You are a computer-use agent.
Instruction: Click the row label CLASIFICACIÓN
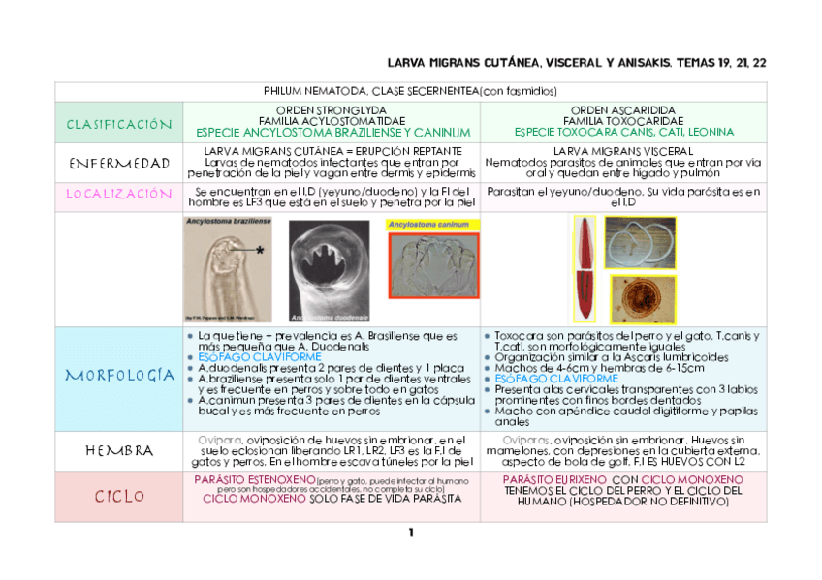pyautogui.click(x=118, y=124)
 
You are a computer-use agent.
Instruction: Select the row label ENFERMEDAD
pyautogui.click(x=118, y=162)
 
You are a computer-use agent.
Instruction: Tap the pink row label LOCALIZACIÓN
pyautogui.click(x=118, y=194)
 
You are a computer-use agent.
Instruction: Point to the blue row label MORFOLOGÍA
pyautogui.click(x=118, y=376)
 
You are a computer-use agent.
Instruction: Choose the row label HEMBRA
pyautogui.click(x=118, y=451)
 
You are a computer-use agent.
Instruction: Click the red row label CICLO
pyautogui.click(x=118, y=497)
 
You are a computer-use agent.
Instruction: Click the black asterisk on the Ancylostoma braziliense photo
pyautogui.click(x=260, y=249)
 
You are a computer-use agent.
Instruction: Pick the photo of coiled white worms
pyautogui.click(x=640, y=243)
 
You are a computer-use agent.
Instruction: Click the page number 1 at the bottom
pyautogui.click(x=411, y=534)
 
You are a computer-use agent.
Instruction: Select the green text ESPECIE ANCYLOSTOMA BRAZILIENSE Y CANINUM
pyautogui.click(x=332, y=132)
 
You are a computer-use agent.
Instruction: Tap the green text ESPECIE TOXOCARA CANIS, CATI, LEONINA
pyautogui.click(x=623, y=132)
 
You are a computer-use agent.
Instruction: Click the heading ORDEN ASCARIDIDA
pyautogui.click(x=623, y=110)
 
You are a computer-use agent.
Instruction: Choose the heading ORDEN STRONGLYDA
pyautogui.click(x=332, y=110)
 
